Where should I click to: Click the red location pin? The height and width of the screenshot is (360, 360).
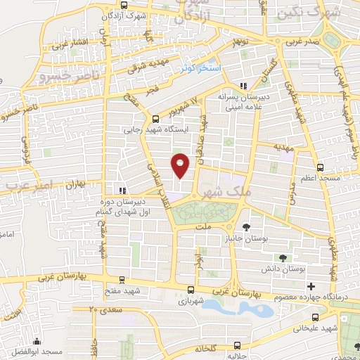181,165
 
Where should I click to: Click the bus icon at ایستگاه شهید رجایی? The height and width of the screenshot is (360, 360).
155,119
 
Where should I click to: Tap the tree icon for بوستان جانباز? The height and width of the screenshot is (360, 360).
246,226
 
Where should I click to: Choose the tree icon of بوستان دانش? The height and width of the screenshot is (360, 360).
283,258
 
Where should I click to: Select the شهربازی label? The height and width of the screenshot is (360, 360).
191,300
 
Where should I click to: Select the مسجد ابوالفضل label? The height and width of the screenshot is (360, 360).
46,350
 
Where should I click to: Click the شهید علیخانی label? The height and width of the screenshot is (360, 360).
319,327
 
